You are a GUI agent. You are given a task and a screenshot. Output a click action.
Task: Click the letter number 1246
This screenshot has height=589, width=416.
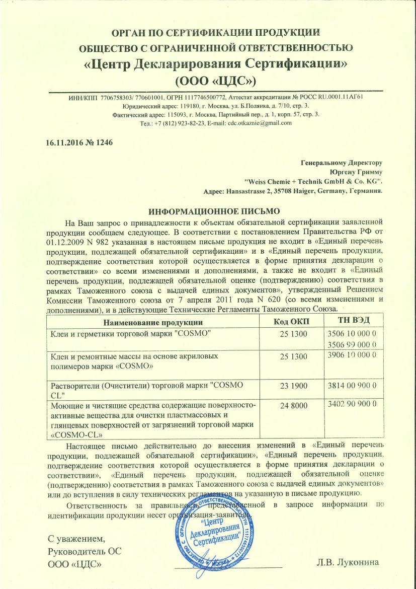click(100, 142)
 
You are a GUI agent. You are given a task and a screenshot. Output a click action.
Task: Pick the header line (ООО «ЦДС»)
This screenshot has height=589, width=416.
click(215, 80)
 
